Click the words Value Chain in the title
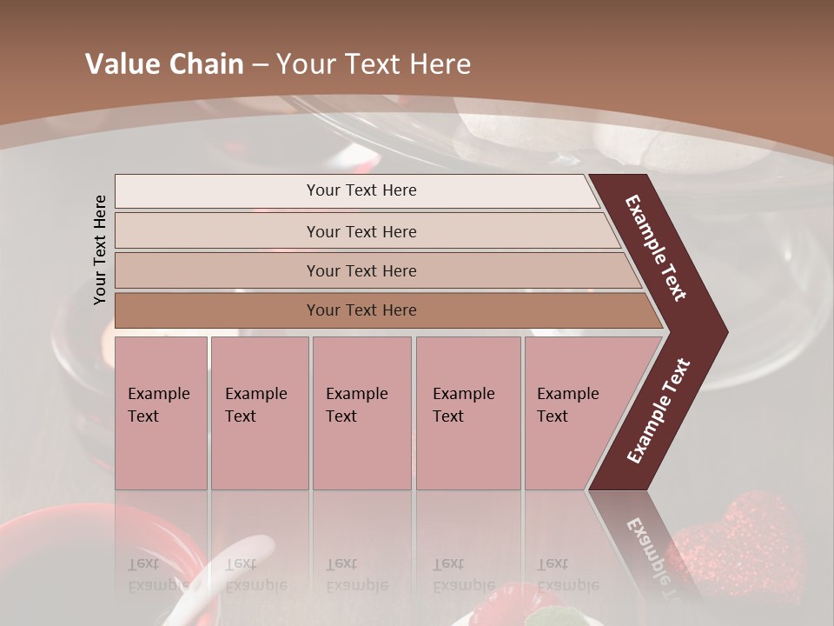164,64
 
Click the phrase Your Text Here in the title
374,64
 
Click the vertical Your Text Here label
100,250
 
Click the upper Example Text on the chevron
657,248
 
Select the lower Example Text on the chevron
659,411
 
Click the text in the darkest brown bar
361,310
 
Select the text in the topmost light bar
361,190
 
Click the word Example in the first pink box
158,394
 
